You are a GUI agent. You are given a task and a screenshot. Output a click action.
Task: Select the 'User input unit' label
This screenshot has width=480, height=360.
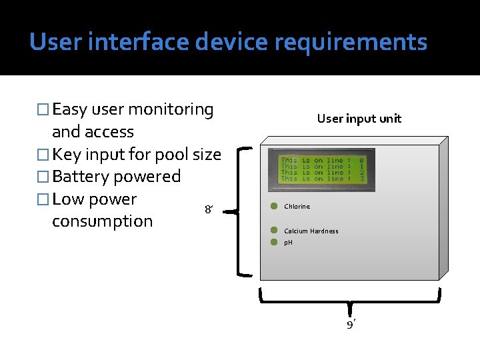point(359,119)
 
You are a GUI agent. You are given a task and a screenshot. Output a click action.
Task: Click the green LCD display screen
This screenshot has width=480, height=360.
point(321,169)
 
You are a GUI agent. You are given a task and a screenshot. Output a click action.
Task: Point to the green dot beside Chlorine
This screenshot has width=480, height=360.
point(273,206)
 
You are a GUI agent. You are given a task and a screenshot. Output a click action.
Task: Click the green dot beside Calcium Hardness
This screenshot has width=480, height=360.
point(273,230)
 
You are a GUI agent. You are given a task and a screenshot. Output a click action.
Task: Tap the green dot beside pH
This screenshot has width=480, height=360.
point(273,242)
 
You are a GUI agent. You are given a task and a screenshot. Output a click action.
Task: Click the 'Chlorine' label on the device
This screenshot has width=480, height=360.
point(297,207)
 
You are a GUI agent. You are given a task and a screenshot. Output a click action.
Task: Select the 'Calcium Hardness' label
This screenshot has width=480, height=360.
point(311,231)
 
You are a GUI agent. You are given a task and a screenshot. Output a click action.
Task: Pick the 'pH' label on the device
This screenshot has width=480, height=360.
point(288,243)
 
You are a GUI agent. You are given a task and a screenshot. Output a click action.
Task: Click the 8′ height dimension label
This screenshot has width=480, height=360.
point(209,211)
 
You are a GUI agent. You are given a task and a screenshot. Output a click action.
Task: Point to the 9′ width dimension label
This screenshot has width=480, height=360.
point(351,325)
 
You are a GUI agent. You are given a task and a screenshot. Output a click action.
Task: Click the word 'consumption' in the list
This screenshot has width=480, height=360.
point(102,221)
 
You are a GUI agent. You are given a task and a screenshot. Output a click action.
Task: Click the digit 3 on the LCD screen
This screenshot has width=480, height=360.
point(361,179)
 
